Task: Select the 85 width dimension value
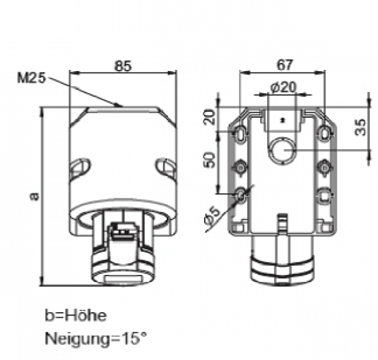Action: click(123, 65)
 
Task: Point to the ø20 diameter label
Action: click(283, 88)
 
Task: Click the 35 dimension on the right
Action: click(360, 127)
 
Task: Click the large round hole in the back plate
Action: click(282, 150)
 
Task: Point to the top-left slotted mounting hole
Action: click(241, 133)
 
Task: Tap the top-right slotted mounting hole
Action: click(324, 133)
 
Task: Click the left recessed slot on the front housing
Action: click(80, 167)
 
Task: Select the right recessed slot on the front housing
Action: click(166, 167)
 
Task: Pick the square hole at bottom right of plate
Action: click(324, 196)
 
